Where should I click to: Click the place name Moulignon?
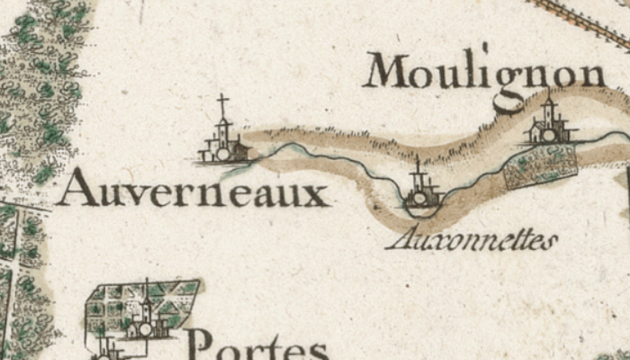point(484,72)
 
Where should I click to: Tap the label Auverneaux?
point(193,190)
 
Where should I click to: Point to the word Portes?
point(257,346)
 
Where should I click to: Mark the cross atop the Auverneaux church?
point(222,103)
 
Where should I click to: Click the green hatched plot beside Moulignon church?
point(540,166)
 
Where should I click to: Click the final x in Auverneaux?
point(316,194)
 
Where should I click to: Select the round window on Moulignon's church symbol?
point(546,135)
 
